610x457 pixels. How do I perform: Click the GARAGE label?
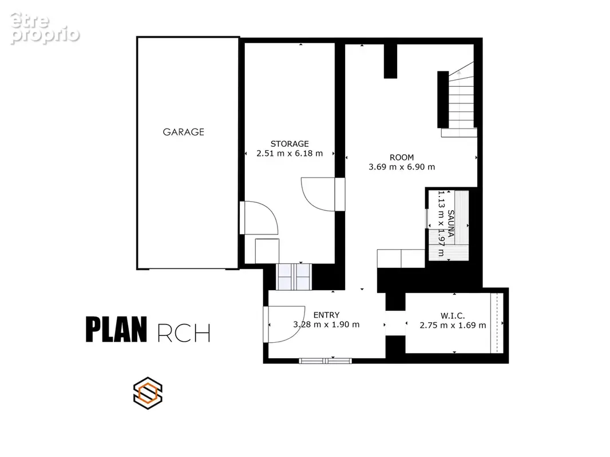click(x=183, y=132)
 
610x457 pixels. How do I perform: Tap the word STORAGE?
click(x=290, y=143)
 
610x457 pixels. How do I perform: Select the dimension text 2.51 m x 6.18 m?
click(x=290, y=153)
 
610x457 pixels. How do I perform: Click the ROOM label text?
click(x=402, y=157)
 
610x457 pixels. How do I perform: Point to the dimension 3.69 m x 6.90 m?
click(x=402, y=167)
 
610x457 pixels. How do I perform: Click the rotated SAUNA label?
click(x=450, y=223)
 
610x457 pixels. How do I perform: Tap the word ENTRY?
click(x=326, y=315)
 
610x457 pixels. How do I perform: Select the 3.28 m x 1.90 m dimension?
click(x=326, y=324)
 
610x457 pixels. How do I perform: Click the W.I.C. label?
click(x=453, y=316)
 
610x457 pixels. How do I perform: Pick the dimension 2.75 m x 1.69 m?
click(x=453, y=326)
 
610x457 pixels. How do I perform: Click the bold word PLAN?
click(x=116, y=330)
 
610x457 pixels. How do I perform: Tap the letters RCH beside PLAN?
click(x=184, y=332)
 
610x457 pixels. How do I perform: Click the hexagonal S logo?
click(x=148, y=393)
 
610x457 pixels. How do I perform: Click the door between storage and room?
click(x=323, y=194)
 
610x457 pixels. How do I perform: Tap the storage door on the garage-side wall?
click(x=259, y=218)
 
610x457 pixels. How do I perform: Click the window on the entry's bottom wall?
click(x=325, y=360)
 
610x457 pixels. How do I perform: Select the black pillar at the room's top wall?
click(x=391, y=61)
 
